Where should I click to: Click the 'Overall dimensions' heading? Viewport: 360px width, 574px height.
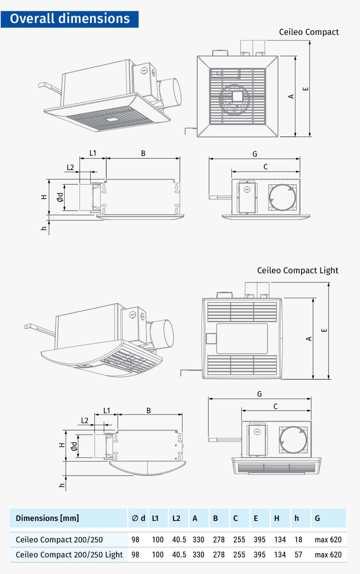70,19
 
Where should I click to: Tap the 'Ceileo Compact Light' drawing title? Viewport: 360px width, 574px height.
297,270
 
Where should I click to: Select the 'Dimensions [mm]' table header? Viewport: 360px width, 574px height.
47,518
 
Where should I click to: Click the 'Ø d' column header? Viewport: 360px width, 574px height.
138,518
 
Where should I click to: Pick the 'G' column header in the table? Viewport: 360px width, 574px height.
317,518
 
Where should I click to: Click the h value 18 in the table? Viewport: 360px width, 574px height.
298,540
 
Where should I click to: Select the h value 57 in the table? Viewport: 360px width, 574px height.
298,555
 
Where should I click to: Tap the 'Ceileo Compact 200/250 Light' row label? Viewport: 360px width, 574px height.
69,555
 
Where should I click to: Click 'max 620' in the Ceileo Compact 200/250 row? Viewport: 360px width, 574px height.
328,540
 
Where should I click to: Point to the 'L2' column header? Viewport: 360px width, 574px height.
176,518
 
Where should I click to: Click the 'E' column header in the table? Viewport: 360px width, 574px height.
256,518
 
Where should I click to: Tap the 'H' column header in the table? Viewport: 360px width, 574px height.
276,518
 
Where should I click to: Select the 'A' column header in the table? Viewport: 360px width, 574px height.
195,518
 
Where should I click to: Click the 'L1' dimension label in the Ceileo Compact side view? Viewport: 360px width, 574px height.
93,153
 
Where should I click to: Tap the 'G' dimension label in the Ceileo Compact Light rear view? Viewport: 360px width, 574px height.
260,394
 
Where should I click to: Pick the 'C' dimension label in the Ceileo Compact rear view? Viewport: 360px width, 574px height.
265,167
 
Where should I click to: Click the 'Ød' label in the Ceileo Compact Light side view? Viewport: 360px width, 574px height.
74,446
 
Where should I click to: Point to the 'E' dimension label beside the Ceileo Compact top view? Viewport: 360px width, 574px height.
305,89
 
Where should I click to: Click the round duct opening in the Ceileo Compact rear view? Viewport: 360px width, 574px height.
283,197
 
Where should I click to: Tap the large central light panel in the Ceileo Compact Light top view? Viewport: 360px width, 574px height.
242,339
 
